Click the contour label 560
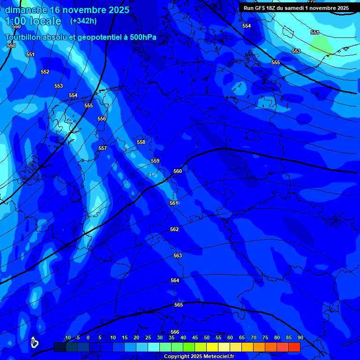(x=178, y=171)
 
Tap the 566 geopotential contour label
(x=175, y=332)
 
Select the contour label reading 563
(x=178, y=255)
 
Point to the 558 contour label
(x=141, y=142)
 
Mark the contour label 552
(x=45, y=72)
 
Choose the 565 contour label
(x=179, y=305)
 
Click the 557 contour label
(x=103, y=148)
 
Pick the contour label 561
(x=174, y=203)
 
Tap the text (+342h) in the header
(x=83, y=21)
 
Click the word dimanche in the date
(x=25, y=10)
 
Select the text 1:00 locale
(x=33, y=21)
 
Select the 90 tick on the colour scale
(x=300, y=337)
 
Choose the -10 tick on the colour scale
(x=67, y=337)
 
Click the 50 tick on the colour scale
(x=207, y=337)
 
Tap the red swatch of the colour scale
(x=294, y=347)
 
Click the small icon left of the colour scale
(x=34, y=343)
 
